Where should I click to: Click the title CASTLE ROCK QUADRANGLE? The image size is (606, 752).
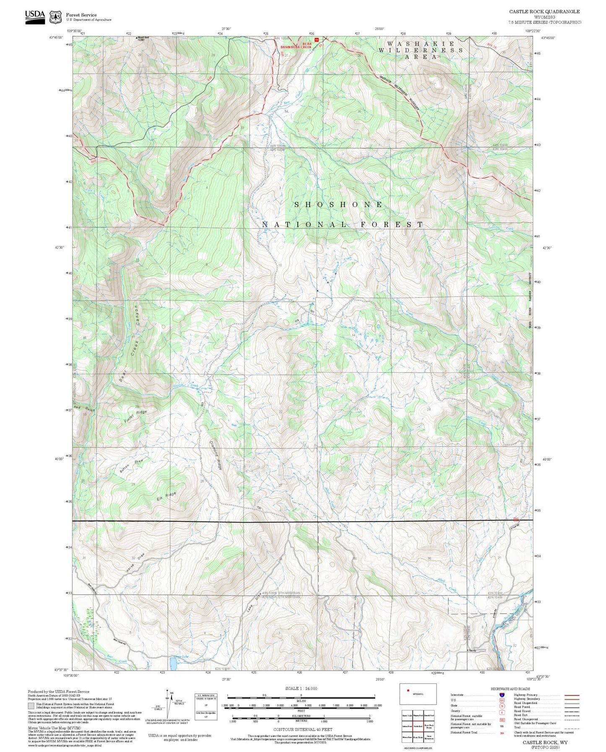tap(544, 12)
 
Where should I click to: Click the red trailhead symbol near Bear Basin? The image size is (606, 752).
tap(317, 40)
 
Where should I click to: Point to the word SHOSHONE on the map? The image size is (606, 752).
tap(338, 205)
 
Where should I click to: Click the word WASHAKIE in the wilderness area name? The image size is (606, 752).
tap(420, 44)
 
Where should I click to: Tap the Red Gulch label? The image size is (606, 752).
tap(84, 408)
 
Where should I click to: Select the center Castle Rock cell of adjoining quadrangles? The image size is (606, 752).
tap(418, 726)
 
